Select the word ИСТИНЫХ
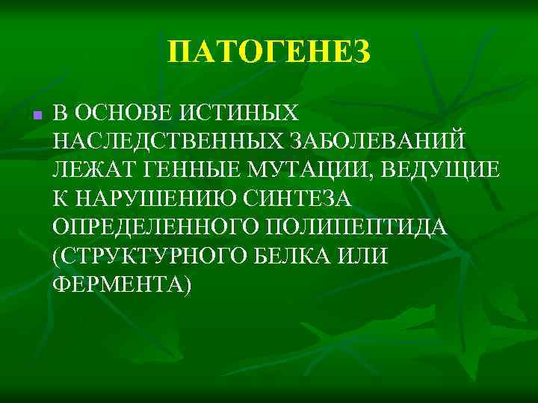click(x=242, y=113)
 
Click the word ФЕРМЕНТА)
click(x=122, y=283)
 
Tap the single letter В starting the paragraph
click(x=61, y=113)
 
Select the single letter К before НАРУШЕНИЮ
click(x=60, y=198)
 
